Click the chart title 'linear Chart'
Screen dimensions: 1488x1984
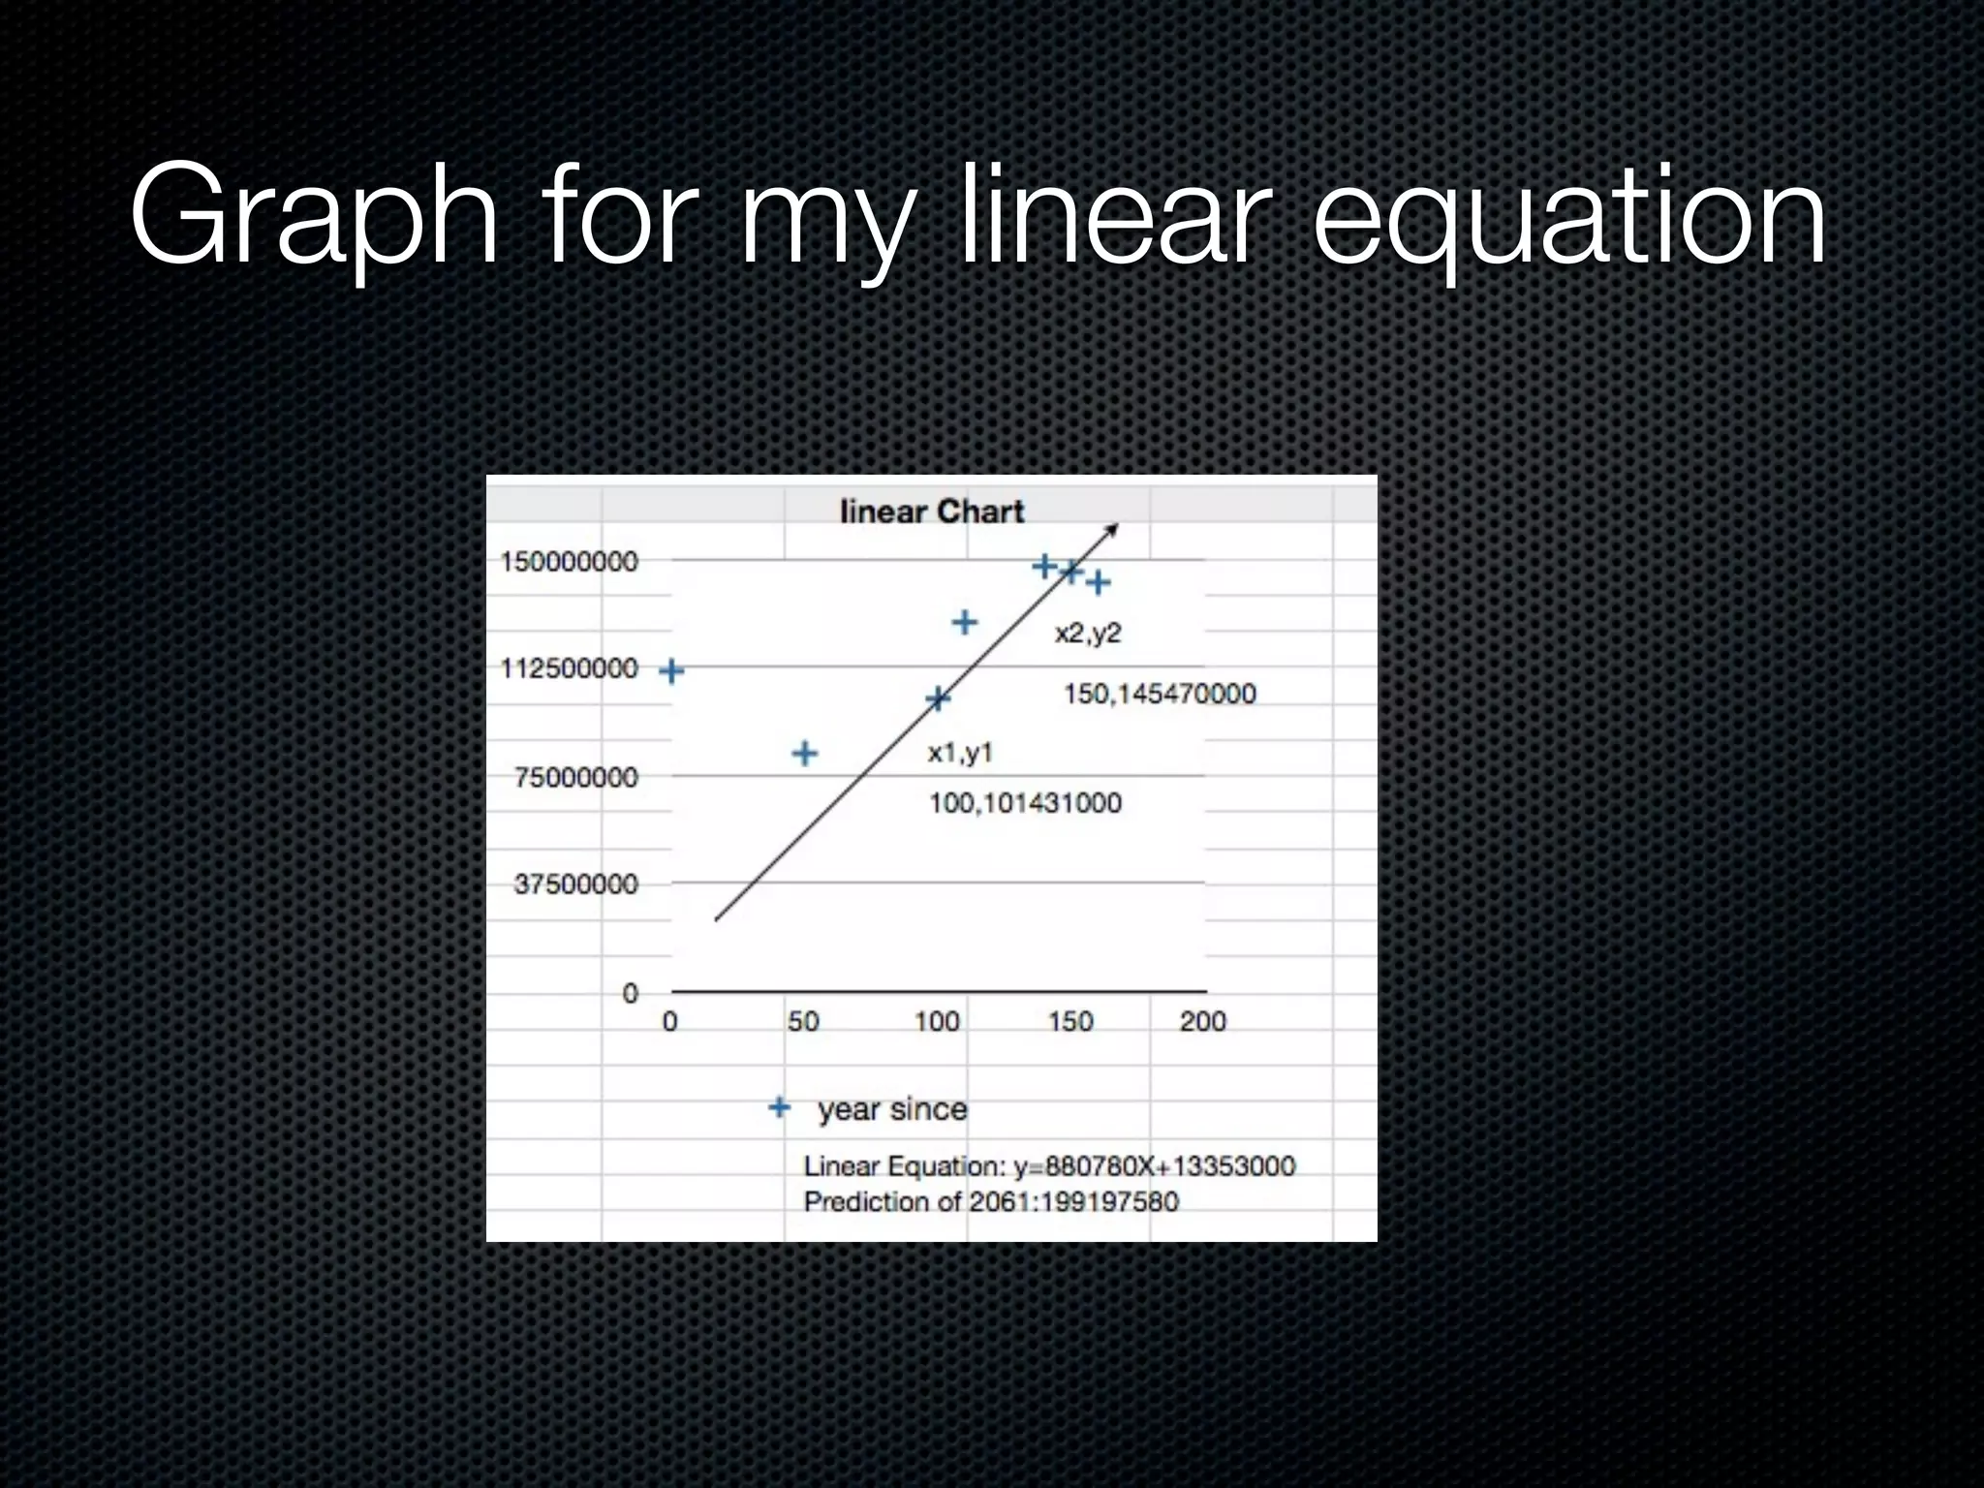click(x=931, y=511)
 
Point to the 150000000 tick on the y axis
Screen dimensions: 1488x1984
click(x=569, y=562)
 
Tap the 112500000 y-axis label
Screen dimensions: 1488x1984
click(x=569, y=668)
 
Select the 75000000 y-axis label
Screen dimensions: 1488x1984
click(x=575, y=777)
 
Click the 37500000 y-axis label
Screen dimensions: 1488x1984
click(x=575, y=884)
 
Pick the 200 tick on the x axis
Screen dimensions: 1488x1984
click(x=1202, y=1021)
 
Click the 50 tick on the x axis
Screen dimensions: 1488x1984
click(x=803, y=1021)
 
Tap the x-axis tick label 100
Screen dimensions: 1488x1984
click(x=937, y=1021)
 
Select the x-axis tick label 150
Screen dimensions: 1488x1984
click(x=1070, y=1021)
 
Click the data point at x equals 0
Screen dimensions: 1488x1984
click(x=671, y=670)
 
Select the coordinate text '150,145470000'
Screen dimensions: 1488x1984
click(x=1160, y=694)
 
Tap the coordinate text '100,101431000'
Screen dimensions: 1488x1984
click(x=1025, y=803)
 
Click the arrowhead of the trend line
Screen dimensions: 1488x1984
click(x=1113, y=529)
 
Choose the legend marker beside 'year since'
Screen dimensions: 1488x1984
click(x=780, y=1107)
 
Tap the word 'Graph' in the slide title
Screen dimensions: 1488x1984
click(x=314, y=218)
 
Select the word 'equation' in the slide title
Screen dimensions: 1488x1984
click(x=1568, y=218)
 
